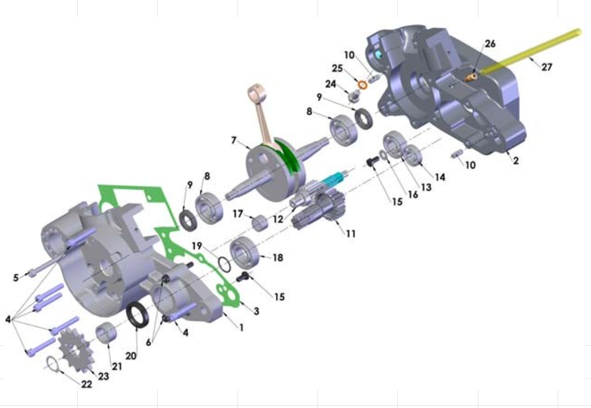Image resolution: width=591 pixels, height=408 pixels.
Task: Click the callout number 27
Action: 546,67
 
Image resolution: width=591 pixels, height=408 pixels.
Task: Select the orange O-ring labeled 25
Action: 363,85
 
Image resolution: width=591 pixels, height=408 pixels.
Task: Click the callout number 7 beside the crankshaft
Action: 234,140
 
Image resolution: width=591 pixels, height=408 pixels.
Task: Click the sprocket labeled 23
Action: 76,350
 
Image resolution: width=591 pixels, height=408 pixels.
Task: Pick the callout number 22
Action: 87,384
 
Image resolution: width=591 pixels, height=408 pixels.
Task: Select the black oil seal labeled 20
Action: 138,315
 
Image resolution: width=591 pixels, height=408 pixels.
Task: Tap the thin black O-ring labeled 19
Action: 224,264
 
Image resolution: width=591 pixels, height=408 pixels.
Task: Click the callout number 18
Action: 278,258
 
